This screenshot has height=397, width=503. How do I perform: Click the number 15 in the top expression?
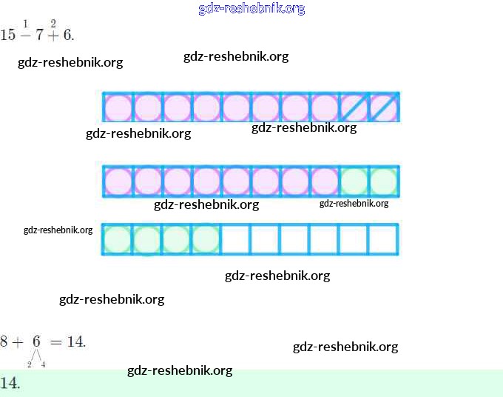pos(8,35)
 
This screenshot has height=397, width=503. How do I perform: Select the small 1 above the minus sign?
pos(25,23)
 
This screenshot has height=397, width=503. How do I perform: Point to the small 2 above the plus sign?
pos(53,23)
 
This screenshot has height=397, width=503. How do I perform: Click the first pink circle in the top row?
pos(118,107)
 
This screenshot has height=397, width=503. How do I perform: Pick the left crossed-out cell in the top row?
pos(354,107)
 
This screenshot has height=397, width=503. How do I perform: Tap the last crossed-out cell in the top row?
pos(384,107)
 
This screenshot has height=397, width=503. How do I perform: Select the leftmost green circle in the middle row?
pos(354,181)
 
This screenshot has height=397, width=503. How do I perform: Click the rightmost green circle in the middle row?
pos(384,181)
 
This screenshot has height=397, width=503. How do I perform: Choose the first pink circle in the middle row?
pos(118,181)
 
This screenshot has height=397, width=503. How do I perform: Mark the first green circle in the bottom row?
pos(118,239)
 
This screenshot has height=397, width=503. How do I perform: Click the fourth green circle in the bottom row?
pos(206,239)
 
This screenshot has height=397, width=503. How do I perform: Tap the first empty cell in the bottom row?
pos(236,239)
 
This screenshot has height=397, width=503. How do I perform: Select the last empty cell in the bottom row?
pos(384,239)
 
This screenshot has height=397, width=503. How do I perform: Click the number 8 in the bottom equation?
pos(4,341)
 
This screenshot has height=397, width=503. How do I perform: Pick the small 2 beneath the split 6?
pos(30,364)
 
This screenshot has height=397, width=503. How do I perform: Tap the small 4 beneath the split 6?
pos(44,364)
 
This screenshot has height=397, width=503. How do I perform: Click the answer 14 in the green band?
pos(9,383)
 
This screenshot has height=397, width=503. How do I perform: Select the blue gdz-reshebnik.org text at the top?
pos(251,9)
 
